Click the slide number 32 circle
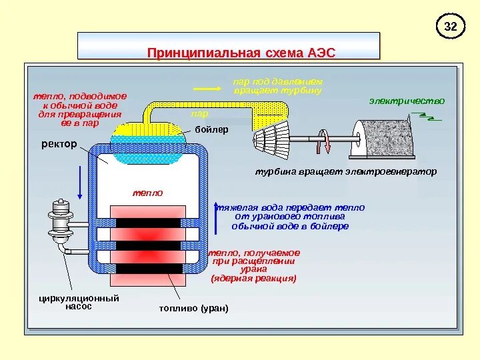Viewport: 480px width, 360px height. coord(451,27)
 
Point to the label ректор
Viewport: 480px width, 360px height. coord(59,144)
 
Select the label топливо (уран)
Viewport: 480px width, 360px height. coord(193,309)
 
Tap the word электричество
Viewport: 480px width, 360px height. coord(407,101)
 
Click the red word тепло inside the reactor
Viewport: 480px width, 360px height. coord(147,192)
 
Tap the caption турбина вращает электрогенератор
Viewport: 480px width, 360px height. coord(345,171)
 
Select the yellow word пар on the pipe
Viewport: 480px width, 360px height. coord(199,115)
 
